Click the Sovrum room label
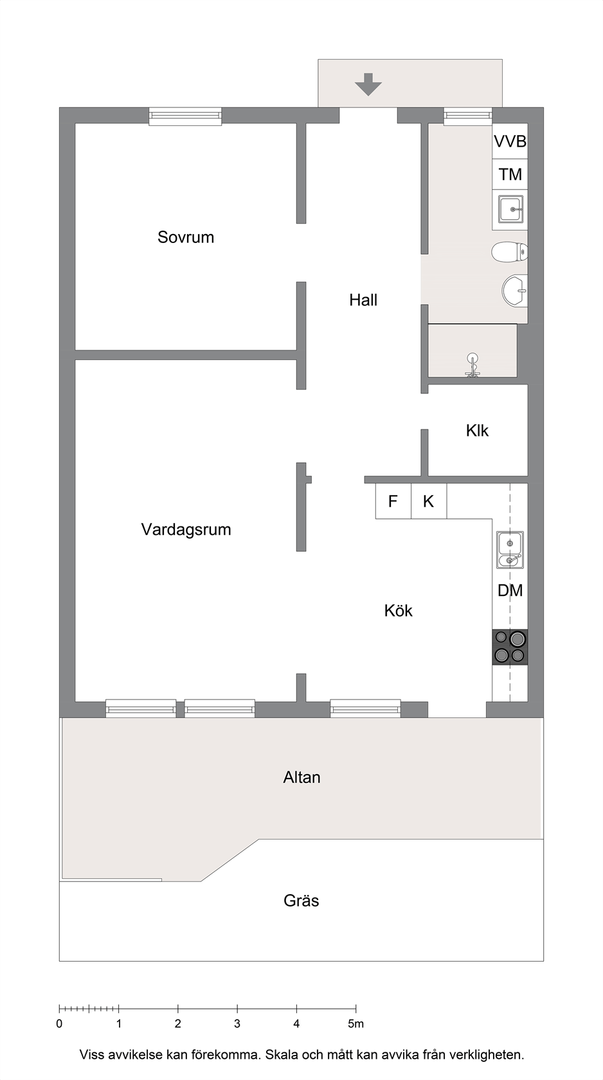[186, 237]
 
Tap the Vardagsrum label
[186, 530]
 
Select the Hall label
[363, 300]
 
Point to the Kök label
[398, 611]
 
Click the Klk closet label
[477, 430]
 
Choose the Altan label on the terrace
[301, 777]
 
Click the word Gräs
[301, 901]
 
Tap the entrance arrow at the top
[369, 84]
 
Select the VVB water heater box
[510, 141]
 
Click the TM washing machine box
[510, 174]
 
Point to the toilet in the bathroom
[510, 252]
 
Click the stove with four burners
[510, 647]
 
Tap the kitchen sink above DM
[510, 550]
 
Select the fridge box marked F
[393, 501]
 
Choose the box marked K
[429, 501]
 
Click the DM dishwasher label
[510, 590]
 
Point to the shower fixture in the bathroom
[473, 366]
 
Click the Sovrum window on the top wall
[185, 116]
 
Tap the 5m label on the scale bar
[355, 1023]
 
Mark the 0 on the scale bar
[59, 1023]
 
